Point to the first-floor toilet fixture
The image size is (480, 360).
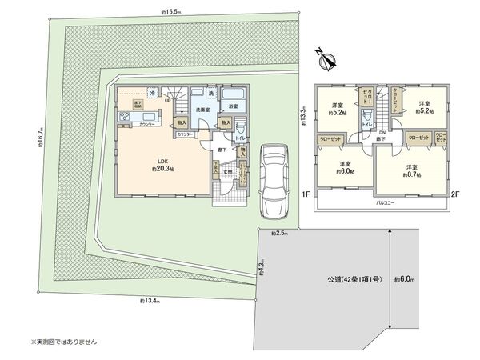pyautogui.click(x=242, y=127)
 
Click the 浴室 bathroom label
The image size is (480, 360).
pyautogui.click(x=232, y=106)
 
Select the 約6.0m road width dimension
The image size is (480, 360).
pyautogui.click(x=404, y=280)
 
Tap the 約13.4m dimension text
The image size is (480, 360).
pyautogui.click(x=149, y=300)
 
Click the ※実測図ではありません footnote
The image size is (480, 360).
pyautogui.click(x=63, y=342)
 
